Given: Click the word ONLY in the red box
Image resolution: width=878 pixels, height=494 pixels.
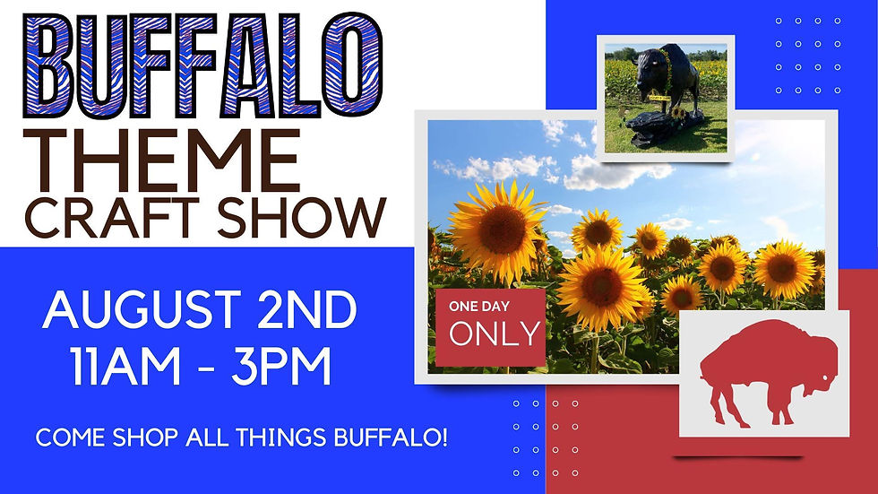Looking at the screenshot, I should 495,334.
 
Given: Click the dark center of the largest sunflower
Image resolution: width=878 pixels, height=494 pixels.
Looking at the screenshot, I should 499,230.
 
